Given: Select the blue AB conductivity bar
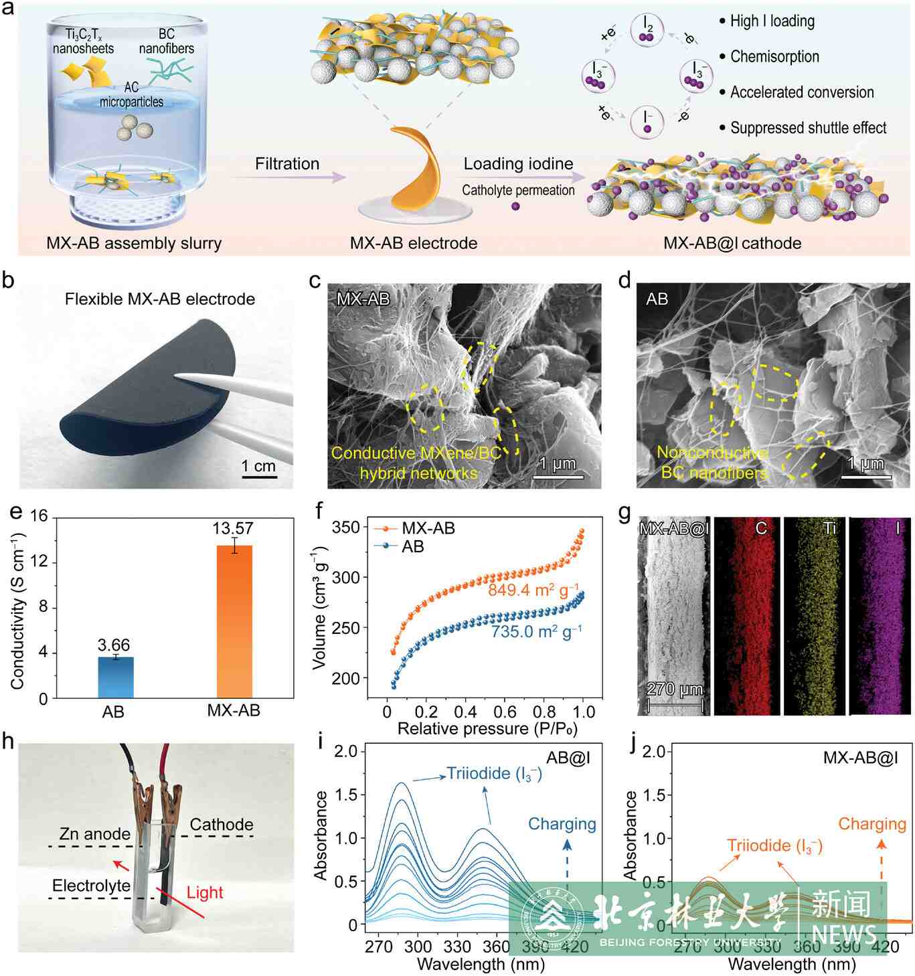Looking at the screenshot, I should (x=116, y=677).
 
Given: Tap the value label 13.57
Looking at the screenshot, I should (x=233, y=528).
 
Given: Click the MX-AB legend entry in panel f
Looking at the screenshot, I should (x=428, y=528).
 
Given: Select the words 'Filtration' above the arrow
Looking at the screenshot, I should (x=287, y=164).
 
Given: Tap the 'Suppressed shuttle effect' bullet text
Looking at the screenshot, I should (x=808, y=128).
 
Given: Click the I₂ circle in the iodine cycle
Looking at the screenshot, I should (x=647, y=29).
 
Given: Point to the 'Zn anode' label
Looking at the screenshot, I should (x=95, y=834).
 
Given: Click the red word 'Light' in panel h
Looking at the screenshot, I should (x=204, y=892).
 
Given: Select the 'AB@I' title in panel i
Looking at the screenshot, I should (x=568, y=758).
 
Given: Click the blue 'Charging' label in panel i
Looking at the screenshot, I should (x=562, y=824).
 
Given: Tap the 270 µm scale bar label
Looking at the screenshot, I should (x=675, y=689).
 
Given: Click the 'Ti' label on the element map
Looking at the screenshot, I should (x=829, y=528).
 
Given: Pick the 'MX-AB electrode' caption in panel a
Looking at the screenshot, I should (x=414, y=243).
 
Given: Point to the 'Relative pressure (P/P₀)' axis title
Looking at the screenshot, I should (x=487, y=728).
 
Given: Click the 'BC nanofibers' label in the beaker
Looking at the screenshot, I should (x=167, y=41).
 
